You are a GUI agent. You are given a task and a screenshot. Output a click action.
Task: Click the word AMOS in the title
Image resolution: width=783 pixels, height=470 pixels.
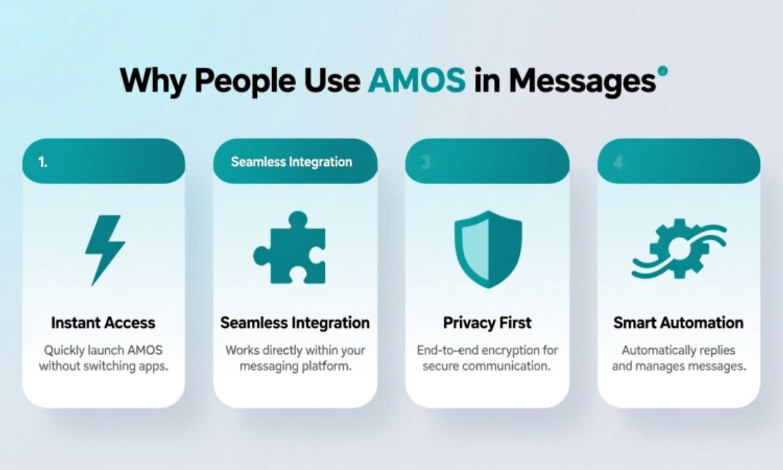tap(417, 80)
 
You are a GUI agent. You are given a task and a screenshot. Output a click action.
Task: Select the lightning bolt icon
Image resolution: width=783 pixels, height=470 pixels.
tap(104, 249)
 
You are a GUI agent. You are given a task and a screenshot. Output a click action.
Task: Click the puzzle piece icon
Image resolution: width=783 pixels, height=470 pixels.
tap(289, 247)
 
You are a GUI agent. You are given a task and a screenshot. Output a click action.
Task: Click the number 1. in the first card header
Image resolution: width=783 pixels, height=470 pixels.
tap(43, 163)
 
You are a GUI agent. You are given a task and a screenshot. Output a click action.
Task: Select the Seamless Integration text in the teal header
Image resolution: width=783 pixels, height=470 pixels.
tap(291, 162)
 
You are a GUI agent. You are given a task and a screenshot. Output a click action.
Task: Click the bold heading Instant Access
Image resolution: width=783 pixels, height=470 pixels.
tap(103, 322)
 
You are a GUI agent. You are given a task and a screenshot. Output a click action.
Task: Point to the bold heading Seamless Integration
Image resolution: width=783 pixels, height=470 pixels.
tap(295, 322)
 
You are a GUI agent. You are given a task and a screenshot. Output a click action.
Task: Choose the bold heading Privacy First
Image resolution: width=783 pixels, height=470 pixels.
tap(487, 322)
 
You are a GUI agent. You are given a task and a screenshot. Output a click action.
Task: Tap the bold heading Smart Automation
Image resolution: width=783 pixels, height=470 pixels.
tap(678, 322)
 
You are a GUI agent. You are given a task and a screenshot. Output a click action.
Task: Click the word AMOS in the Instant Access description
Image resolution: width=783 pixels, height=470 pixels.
tap(143, 350)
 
